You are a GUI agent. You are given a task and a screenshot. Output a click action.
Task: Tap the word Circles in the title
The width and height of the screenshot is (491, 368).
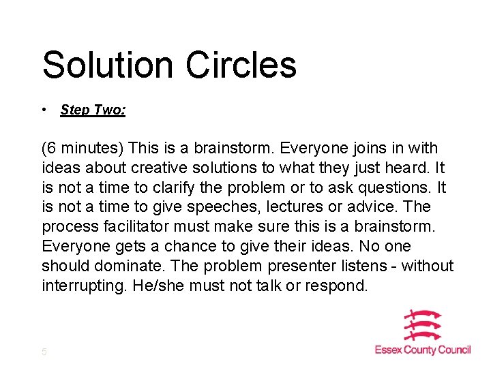click(241, 65)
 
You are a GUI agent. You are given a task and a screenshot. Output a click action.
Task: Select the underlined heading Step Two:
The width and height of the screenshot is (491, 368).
click(93, 110)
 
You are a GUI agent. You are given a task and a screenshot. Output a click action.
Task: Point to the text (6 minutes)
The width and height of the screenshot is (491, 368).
click(83, 149)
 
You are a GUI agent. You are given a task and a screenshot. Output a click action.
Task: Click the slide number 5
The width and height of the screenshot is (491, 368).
click(44, 352)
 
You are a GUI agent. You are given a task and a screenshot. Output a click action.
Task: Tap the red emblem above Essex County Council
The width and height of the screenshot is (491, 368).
click(423, 326)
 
